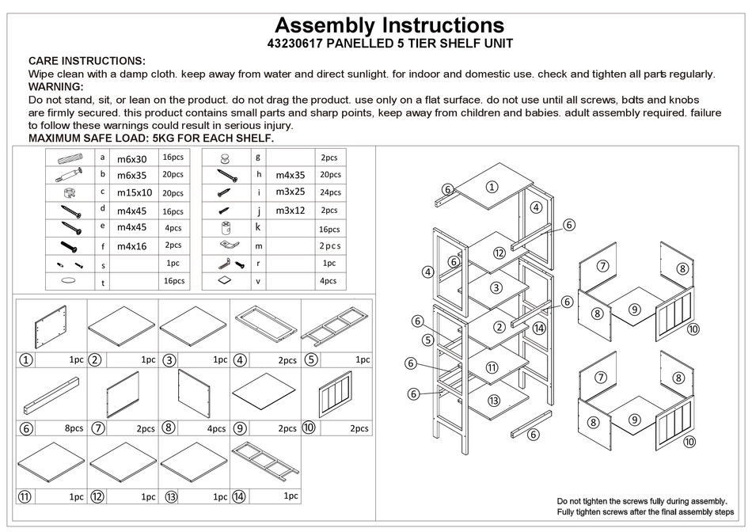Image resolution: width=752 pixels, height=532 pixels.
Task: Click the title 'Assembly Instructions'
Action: [x=389, y=25]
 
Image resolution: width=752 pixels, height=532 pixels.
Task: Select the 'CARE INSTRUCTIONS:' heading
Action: [x=86, y=61]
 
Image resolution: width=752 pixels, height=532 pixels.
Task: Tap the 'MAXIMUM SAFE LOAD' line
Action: [x=150, y=138]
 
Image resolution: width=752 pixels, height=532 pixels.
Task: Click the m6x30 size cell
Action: [x=131, y=158]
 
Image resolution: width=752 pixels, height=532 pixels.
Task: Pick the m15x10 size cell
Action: [x=134, y=192]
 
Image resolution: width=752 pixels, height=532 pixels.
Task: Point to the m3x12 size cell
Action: [x=290, y=211]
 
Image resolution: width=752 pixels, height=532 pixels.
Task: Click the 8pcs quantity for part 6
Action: [x=74, y=428]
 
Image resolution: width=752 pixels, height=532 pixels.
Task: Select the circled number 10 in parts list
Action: [x=308, y=428]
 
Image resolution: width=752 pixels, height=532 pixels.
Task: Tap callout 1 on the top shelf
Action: [x=492, y=187]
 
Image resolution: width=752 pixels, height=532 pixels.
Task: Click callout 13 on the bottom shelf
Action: [x=494, y=401]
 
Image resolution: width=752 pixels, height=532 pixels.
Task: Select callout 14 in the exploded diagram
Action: [x=539, y=328]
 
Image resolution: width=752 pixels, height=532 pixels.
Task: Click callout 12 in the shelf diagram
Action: [x=499, y=253]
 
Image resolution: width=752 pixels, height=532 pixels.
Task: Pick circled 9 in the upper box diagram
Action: [x=634, y=310]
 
